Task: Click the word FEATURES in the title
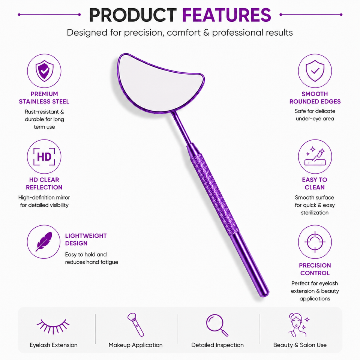pyautogui.click(x=226, y=15)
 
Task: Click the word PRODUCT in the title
pyautogui.click(x=133, y=15)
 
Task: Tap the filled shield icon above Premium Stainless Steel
pyautogui.click(x=44, y=71)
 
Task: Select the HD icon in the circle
pyautogui.click(x=44, y=157)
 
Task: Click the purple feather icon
pyautogui.click(x=44, y=241)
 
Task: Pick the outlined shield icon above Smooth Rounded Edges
pyautogui.click(x=315, y=71)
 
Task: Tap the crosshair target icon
pyautogui.click(x=315, y=242)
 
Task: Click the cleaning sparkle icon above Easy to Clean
pyautogui.click(x=315, y=156)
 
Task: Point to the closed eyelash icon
pyautogui.click(x=53, y=326)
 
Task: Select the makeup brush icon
pyautogui.click(x=135, y=325)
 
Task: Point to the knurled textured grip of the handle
pyautogui.click(x=214, y=193)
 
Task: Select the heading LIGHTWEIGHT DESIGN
pyautogui.click(x=86, y=240)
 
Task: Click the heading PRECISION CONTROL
pyautogui.click(x=315, y=269)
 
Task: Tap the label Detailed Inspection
pyautogui.click(x=217, y=345)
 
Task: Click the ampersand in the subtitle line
pyautogui.click(x=206, y=33)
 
